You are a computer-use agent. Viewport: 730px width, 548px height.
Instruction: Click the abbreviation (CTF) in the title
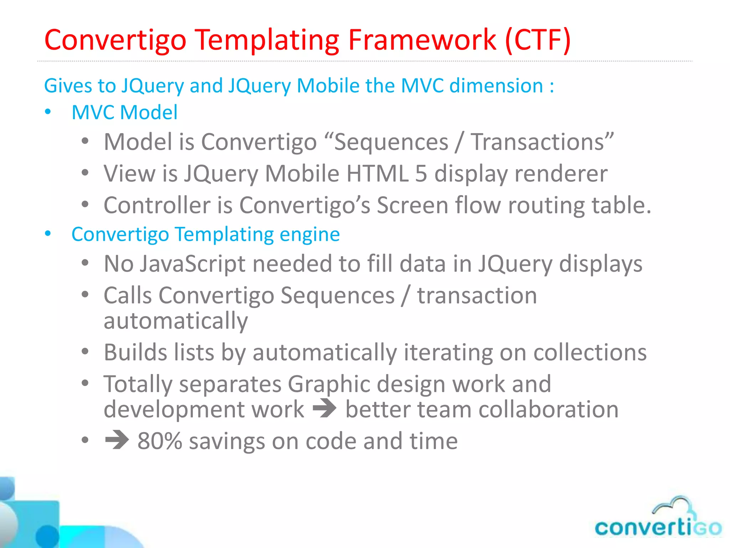[x=538, y=40]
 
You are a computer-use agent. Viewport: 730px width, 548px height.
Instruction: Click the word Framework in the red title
[x=422, y=40]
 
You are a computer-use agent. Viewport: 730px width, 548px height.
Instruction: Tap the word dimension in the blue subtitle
[x=496, y=86]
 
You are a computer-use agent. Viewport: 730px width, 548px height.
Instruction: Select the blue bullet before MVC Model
[x=48, y=112]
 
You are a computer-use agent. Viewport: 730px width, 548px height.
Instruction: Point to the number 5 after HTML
[x=421, y=174]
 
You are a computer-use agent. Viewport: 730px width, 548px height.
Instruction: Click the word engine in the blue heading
[x=309, y=234]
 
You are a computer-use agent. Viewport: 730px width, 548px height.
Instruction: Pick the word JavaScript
[x=192, y=264]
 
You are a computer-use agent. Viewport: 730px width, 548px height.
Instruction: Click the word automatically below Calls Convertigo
[x=175, y=320]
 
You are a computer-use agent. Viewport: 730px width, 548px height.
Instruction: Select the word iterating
[x=448, y=352]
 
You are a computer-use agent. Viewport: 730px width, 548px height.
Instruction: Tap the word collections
[x=590, y=352]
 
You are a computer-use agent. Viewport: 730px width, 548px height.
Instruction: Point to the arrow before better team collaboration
[x=324, y=409]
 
